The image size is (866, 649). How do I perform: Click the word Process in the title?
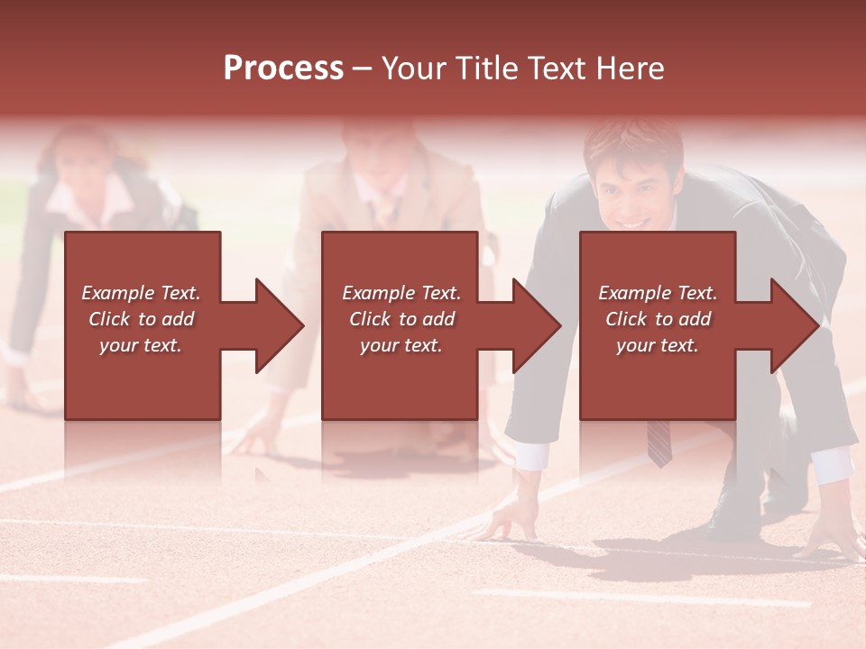tap(283, 69)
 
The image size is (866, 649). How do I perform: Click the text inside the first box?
tap(141, 319)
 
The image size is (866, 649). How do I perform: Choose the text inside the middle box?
tap(401, 319)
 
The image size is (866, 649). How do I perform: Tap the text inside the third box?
tap(657, 319)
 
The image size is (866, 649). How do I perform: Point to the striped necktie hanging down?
tap(659, 442)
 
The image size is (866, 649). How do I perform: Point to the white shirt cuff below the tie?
tap(532, 454)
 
